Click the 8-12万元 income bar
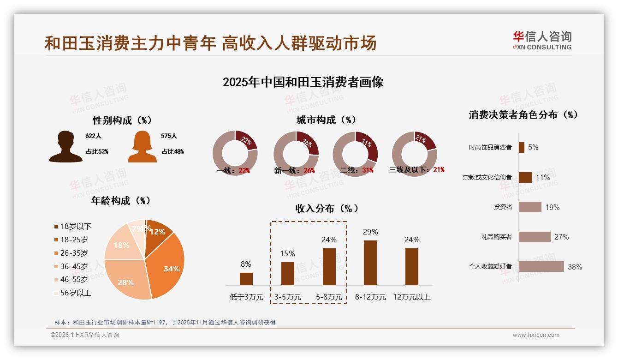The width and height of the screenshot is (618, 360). (x=370, y=263)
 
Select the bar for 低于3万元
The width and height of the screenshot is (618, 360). (x=246, y=279)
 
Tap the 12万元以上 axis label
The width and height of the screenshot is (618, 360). (x=411, y=297)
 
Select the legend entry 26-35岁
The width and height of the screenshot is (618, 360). (x=74, y=253)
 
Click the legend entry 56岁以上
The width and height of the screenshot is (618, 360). (x=76, y=293)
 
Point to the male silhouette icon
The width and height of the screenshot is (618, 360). (x=65, y=147)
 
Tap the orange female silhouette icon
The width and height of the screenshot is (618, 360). (x=142, y=147)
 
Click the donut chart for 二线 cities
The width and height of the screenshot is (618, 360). (x=355, y=153)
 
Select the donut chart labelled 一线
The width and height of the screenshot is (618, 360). (x=235, y=153)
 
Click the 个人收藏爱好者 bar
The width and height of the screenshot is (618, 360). (x=541, y=266)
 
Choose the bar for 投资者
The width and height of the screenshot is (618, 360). (x=529, y=207)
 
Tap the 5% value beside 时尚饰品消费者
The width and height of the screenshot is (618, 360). (x=533, y=148)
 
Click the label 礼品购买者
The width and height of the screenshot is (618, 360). (x=496, y=237)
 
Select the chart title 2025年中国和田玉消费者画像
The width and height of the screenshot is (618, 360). (x=303, y=82)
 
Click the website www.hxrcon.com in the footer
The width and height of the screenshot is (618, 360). (x=535, y=335)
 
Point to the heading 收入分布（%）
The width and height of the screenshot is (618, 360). (x=327, y=208)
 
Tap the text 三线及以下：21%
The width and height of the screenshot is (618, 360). (x=416, y=170)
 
